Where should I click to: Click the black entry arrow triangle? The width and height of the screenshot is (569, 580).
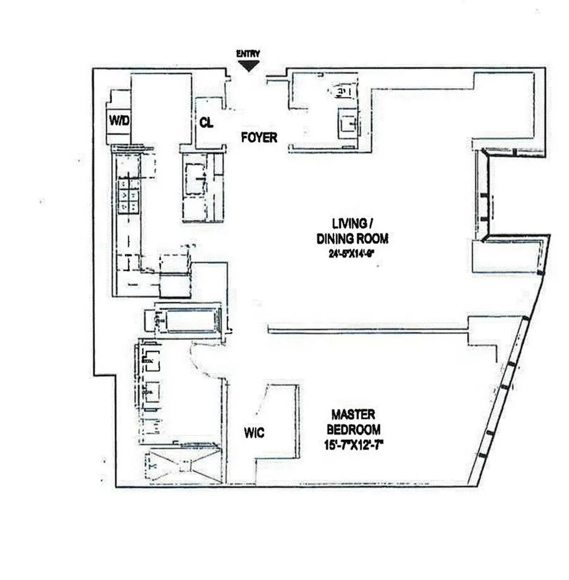point(249,66)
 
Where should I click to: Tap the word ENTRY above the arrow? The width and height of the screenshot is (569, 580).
point(248,54)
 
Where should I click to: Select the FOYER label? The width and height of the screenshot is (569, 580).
point(259,137)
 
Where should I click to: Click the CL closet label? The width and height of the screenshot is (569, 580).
point(207,123)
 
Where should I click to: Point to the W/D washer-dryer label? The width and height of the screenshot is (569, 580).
point(119,121)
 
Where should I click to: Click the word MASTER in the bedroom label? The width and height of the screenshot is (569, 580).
point(353,415)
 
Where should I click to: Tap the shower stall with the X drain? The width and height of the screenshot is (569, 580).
point(183,466)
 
